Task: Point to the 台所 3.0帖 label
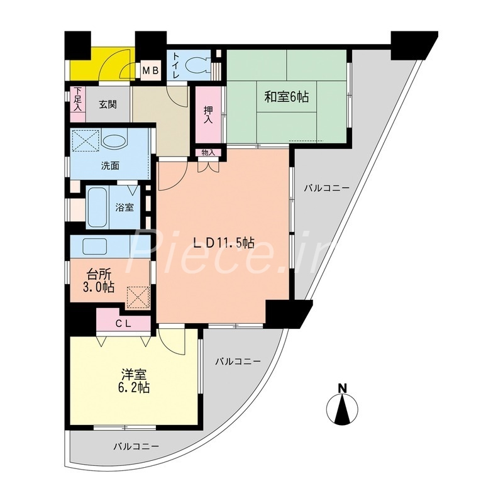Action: click(x=101, y=280)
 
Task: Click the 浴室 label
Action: click(x=124, y=207)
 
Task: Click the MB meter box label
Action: click(x=150, y=70)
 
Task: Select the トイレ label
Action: click(x=176, y=66)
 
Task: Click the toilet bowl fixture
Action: click(x=201, y=65)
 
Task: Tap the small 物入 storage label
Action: click(x=208, y=153)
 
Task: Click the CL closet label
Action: click(x=123, y=323)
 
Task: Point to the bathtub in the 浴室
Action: click(x=98, y=207)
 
